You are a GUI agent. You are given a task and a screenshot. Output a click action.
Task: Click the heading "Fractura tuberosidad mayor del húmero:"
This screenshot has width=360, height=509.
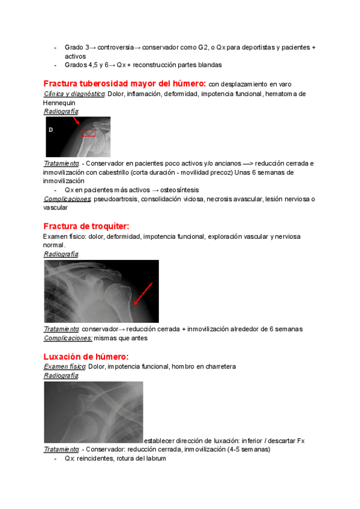pyautogui.click(x=125, y=83)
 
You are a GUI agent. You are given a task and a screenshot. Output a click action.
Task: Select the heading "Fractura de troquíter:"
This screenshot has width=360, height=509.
pyautogui.click(x=86, y=226)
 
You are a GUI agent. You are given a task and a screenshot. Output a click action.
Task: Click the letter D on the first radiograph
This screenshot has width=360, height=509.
pyautogui.click(x=51, y=130)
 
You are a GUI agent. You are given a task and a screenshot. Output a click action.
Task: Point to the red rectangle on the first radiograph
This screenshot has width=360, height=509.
pyautogui.click(x=89, y=133)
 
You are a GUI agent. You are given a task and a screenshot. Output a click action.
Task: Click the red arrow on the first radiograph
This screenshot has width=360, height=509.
pyautogui.click(x=76, y=121)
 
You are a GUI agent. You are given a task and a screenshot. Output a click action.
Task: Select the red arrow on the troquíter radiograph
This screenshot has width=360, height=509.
pyautogui.click(x=143, y=294)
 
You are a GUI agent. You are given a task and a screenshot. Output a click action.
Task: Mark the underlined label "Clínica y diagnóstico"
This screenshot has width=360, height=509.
pyautogui.click(x=74, y=94)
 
